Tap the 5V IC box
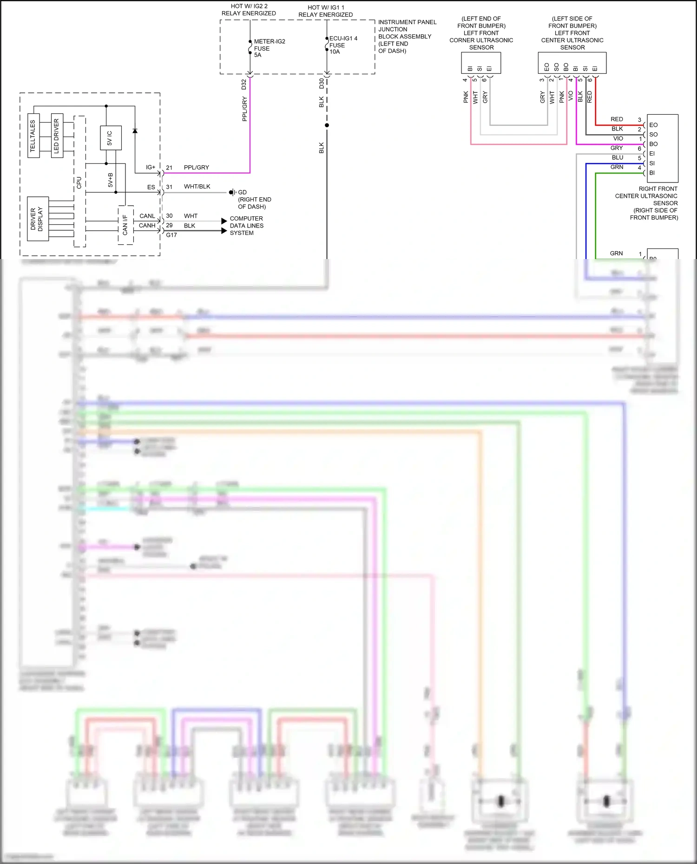[111, 138]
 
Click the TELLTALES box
[33, 135]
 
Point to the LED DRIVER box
[57, 135]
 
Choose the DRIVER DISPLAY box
[38, 219]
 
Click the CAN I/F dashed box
[125, 225]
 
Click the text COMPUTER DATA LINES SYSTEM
[246, 226]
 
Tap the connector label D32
[243, 84]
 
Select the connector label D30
[321, 84]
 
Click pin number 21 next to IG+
[169, 168]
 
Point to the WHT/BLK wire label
[197, 187]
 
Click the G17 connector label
[171, 235]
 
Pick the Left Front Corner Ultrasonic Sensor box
[481, 62]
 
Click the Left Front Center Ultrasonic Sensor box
[572, 62]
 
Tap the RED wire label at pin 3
[617, 119]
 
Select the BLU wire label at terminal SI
[617, 157]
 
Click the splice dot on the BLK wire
[327, 125]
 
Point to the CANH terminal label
[147, 226]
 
